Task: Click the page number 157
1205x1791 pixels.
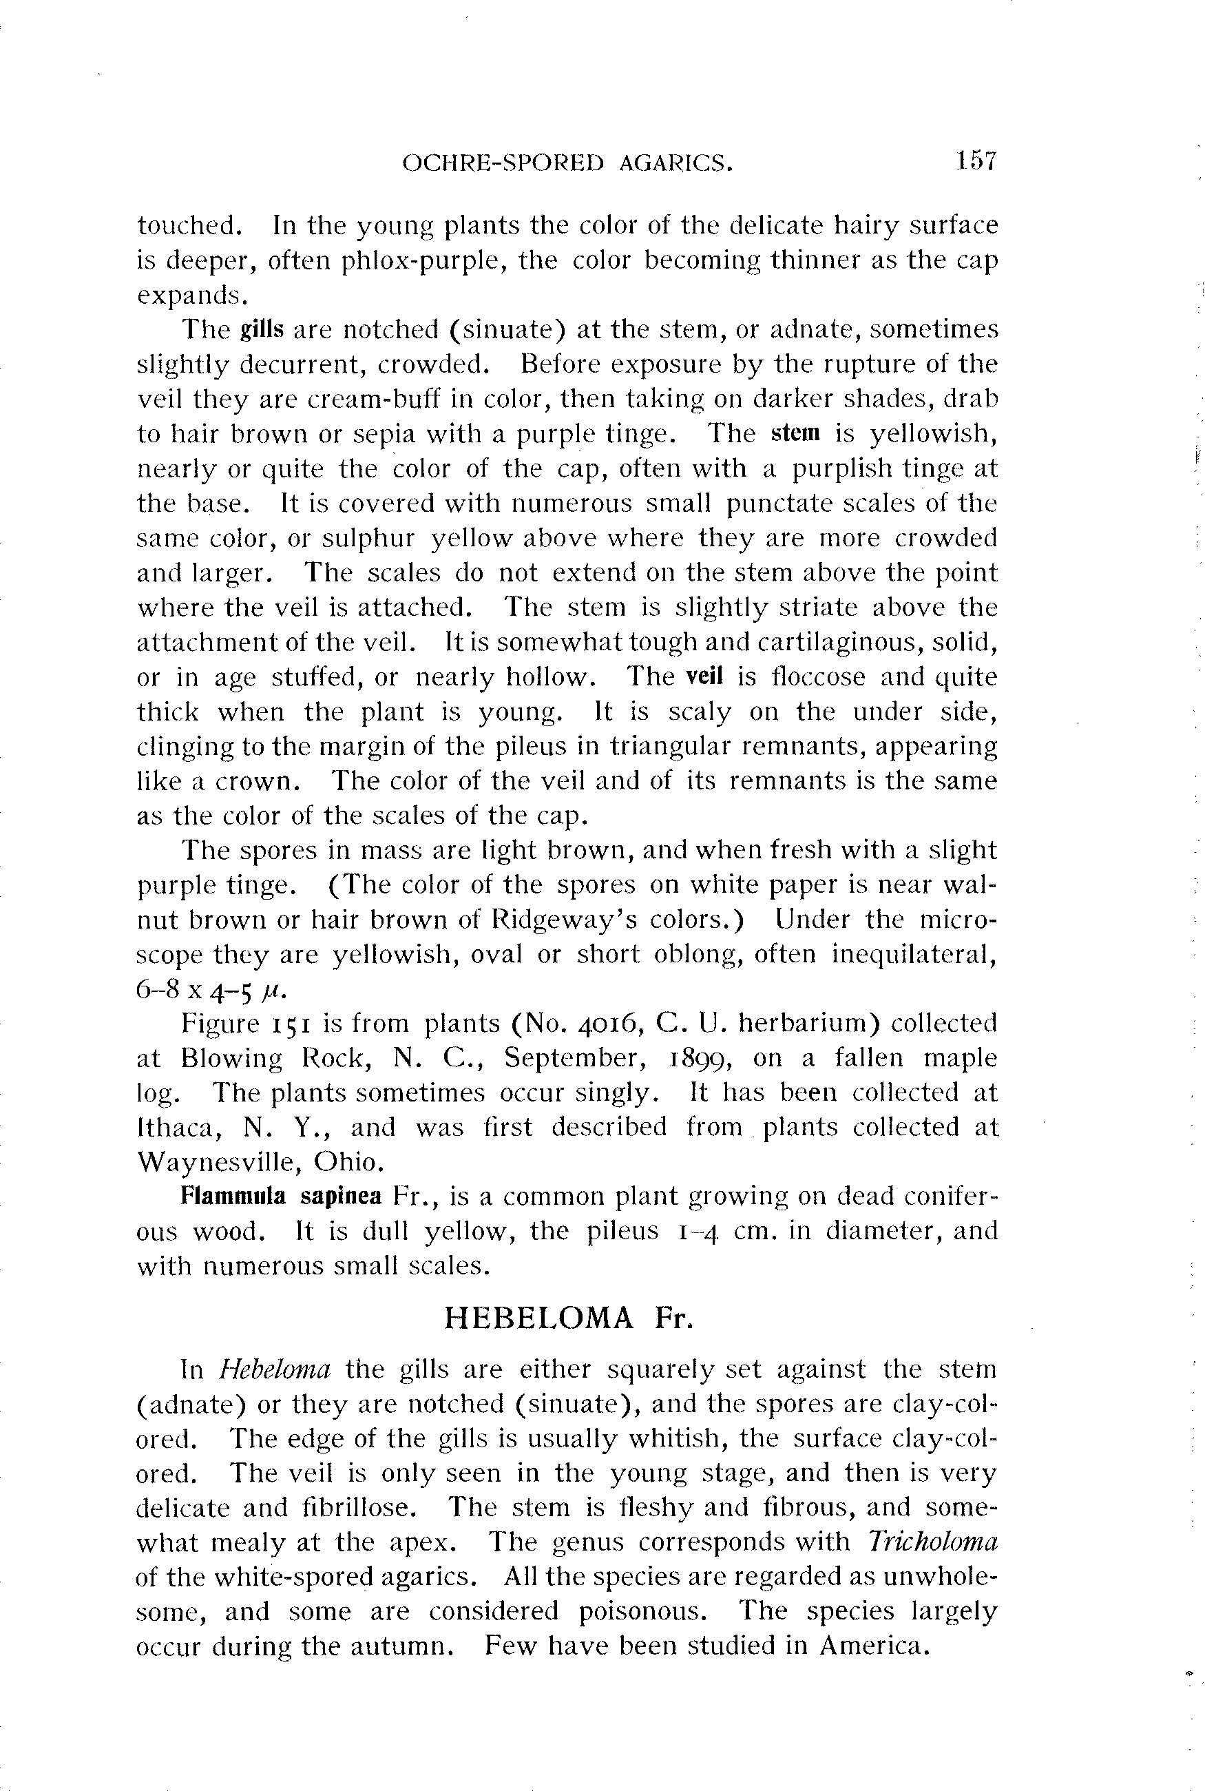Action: (975, 161)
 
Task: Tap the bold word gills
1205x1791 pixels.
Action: (262, 330)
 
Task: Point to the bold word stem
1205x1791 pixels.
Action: (795, 433)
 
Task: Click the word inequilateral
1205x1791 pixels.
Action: (914, 954)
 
